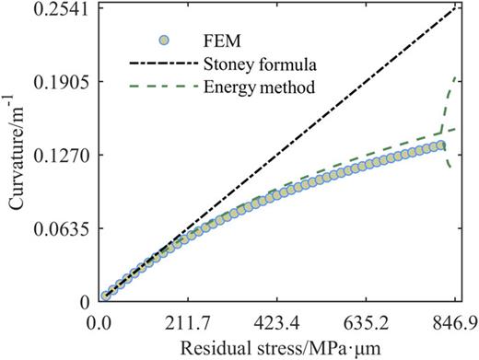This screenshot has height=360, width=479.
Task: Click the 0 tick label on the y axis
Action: (x=81, y=301)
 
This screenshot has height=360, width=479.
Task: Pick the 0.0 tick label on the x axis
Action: (x=99, y=323)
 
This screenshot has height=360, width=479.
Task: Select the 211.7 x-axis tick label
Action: (x=188, y=323)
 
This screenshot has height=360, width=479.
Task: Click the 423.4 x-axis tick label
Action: (x=277, y=323)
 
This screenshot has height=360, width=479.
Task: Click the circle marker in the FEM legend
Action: (x=163, y=41)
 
